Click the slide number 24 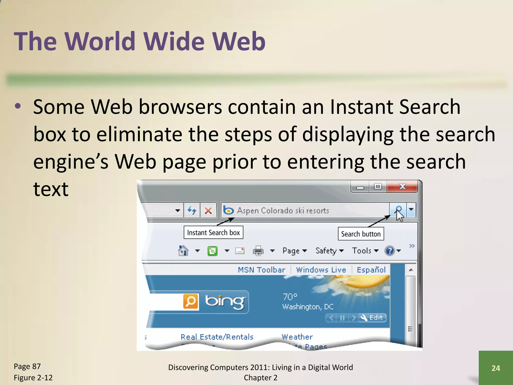(x=496, y=368)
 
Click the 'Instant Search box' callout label (x=213, y=233)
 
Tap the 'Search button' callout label (x=361, y=234)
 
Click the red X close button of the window (x=402, y=187)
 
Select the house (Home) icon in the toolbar (x=183, y=251)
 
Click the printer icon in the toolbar (x=258, y=251)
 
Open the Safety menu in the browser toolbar (x=329, y=251)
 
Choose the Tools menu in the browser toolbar (x=365, y=251)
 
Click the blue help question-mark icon (x=390, y=251)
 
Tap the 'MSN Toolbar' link (x=262, y=270)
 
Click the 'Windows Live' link (x=321, y=270)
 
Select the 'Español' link (x=371, y=270)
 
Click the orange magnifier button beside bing (x=191, y=301)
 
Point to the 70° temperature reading (x=290, y=297)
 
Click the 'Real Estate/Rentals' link (x=217, y=337)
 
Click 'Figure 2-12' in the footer (x=33, y=377)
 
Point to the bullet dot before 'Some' (x=18, y=106)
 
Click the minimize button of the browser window (x=360, y=187)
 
